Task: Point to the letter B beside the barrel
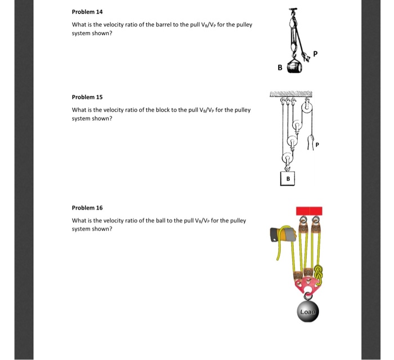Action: pos(280,69)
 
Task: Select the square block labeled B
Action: pos(288,179)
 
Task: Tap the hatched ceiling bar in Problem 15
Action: pos(292,93)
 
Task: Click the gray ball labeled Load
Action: pos(308,311)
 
